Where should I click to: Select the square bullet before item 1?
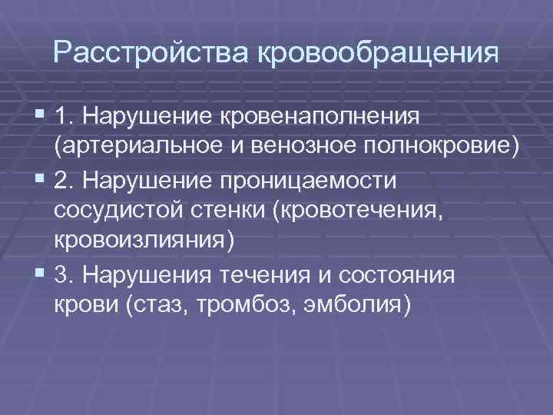point(41,116)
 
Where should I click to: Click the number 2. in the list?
point(65,181)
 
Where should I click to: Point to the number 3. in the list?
point(65,274)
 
